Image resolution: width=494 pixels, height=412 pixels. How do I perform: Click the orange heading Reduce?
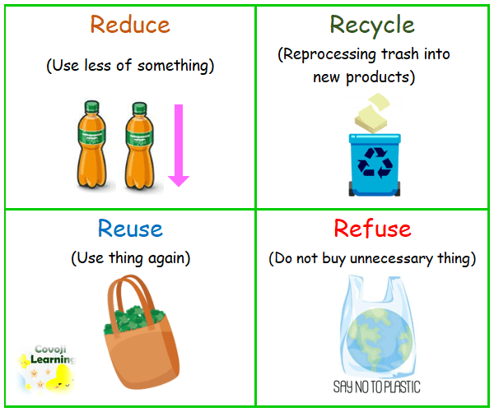tap(129, 24)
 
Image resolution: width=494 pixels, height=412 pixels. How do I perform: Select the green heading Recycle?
tap(372, 24)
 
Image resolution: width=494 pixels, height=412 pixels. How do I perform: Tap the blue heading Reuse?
tap(129, 228)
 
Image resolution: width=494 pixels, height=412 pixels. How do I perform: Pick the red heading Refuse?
tap(372, 228)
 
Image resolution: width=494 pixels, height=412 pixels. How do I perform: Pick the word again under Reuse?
tap(167, 258)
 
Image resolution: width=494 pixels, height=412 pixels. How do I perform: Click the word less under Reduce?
tap(97, 66)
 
